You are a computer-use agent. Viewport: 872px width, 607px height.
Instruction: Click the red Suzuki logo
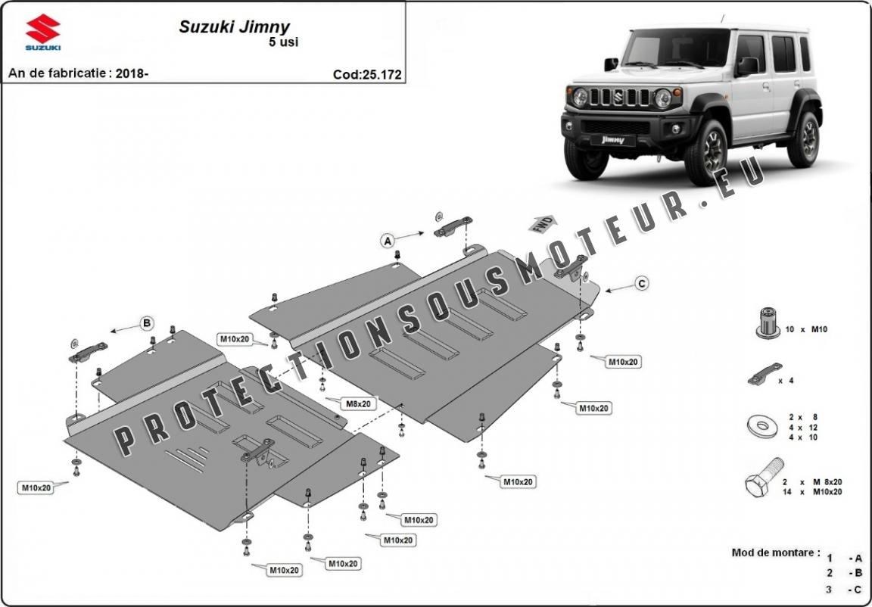(x=43, y=31)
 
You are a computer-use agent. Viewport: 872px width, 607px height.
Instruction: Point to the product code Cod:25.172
(x=366, y=74)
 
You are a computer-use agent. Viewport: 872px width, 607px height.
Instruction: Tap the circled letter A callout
(x=388, y=241)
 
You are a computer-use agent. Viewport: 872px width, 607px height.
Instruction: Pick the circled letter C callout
(x=641, y=283)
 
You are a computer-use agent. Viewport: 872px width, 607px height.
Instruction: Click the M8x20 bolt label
(x=359, y=404)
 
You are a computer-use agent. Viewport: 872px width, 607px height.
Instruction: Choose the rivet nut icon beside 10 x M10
(x=768, y=323)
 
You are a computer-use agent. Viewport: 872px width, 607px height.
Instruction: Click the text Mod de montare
(x=774, y=553)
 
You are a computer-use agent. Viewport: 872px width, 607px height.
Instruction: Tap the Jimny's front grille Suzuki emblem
(x=619, y=98)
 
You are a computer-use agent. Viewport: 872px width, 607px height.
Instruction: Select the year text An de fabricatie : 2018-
(x=78, y=73)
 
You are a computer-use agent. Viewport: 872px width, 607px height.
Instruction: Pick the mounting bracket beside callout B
(x=88, y=351)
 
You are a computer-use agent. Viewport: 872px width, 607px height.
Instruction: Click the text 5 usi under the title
(x=284, y=42)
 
